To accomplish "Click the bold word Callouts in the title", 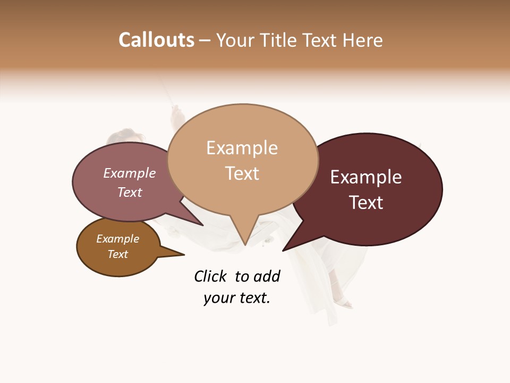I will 156,40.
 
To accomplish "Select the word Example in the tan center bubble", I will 242,148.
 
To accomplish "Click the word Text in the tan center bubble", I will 242,173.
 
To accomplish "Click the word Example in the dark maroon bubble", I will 366,177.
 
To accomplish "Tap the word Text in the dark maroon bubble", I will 366,203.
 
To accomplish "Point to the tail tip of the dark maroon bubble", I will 283,250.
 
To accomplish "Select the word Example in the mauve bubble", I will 130,173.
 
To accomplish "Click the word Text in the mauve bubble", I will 130,192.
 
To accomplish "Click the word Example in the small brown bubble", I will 117,239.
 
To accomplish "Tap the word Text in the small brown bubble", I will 117,254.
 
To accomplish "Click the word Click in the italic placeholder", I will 210,276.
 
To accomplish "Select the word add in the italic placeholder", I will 267,276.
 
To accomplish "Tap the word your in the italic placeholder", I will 218,298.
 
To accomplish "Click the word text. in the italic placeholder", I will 252,298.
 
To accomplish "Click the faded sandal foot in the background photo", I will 345,304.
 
